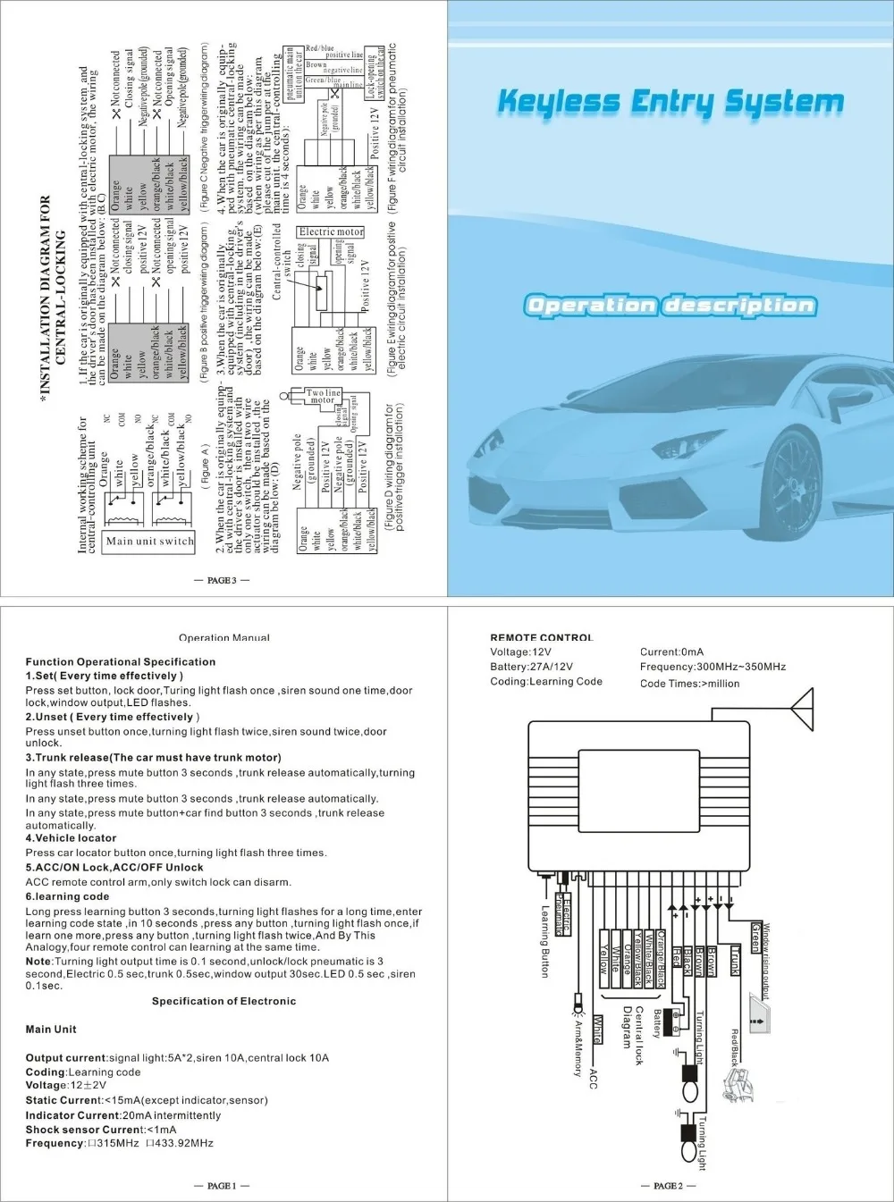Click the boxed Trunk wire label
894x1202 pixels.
coord(736,960)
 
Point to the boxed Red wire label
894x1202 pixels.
coord(676,957)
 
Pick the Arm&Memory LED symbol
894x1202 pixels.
coord(577,1005)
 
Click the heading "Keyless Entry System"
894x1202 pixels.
coord(670,101)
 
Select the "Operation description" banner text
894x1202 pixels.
coord(670,306)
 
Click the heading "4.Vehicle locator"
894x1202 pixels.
coord(72,838)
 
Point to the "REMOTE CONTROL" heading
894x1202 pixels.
coord(542,638)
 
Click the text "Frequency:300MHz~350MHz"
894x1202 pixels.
coord(713,667)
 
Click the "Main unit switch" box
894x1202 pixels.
coord(149,541)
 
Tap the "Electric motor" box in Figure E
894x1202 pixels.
coord(331,231)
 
